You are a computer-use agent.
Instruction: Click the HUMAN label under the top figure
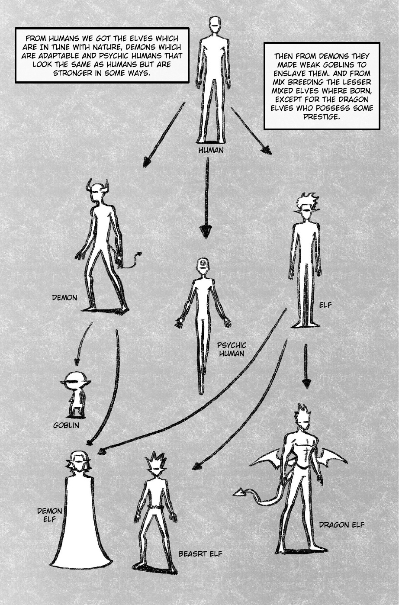point(211,150)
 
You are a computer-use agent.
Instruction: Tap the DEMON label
point(64,298)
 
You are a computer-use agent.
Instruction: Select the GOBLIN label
point(66,425)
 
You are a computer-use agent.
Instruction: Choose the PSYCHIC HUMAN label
point(232,349)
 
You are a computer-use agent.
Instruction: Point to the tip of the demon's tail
point(140,254)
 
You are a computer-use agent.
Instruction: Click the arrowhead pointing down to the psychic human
point(206,231)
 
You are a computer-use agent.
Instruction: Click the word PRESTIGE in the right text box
point(321,117)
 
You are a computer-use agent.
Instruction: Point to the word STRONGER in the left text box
point(71,73)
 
